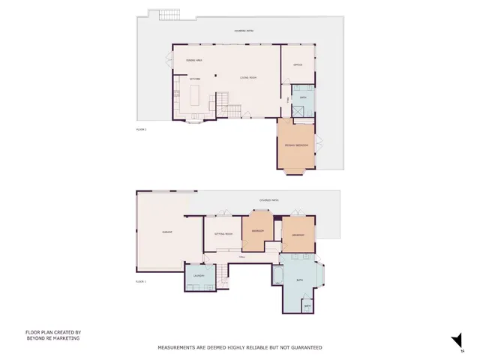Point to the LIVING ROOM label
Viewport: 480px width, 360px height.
(x=248, y=77)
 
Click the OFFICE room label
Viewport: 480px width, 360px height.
(x=298, y=65)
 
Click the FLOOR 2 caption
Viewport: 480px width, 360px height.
(x=141, y=130)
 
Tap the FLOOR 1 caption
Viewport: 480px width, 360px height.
(x=140, y=281)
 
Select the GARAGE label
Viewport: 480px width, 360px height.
(x=167, y=232)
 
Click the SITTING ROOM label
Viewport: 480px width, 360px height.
(x=223, y=234)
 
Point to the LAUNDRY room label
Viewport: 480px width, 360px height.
(x=199, y=276)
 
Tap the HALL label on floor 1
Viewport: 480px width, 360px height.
(x=241, y=257)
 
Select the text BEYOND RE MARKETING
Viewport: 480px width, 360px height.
(x=52, y=338)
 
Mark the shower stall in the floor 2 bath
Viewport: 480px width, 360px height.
(x=299, y=111)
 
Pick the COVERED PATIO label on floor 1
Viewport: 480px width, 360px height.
(x=269, y=200)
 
